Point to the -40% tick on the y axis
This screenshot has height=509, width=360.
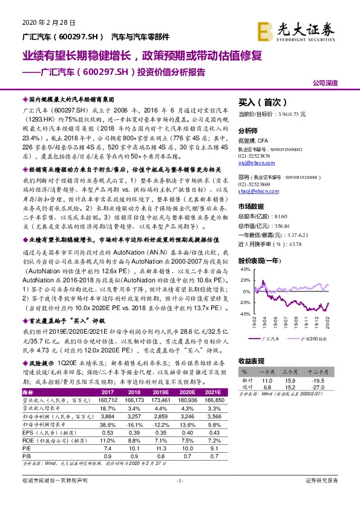[x=244, y=314]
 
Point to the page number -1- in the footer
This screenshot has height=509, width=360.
[x=180, y=497]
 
